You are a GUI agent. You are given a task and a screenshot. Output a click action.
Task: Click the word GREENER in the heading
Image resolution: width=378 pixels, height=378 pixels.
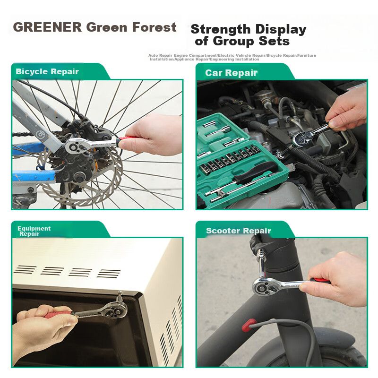point(48,27)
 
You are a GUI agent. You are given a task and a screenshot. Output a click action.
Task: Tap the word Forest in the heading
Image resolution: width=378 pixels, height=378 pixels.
point(155,27)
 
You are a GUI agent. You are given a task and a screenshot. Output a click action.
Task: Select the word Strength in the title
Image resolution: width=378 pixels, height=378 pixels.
point(221,29)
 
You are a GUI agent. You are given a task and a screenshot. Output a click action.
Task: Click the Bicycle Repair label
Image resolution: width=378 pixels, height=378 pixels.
point(47,72)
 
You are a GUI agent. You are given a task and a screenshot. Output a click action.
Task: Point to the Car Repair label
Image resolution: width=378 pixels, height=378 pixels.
point(231,73)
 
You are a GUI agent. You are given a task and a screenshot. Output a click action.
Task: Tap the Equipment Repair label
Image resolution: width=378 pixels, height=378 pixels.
point(34,231)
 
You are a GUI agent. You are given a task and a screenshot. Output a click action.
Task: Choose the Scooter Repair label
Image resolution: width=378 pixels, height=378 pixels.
point(239,231)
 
